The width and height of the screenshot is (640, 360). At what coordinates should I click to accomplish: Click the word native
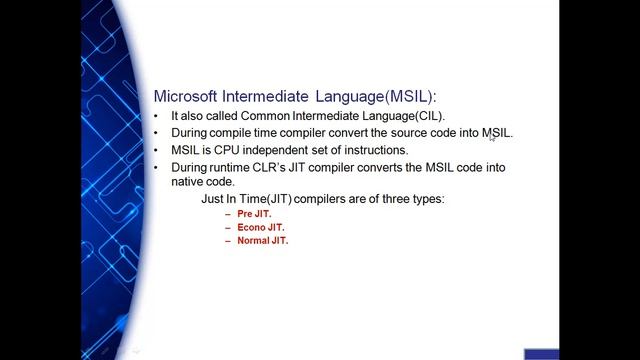[x=190, y=182]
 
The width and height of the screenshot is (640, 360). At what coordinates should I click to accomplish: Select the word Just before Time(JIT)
[x=214, y=199]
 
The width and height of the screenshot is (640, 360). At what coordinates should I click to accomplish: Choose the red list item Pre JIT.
[x=254, y=214]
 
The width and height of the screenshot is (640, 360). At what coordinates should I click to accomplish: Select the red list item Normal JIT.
[x=263, y=242]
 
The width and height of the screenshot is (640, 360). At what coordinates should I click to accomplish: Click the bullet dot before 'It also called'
[x=157, y=116]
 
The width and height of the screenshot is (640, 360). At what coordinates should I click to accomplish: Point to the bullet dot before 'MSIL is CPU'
[x=157, y=150]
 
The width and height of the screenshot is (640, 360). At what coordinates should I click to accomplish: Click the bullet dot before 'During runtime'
[x=157, y=167]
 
